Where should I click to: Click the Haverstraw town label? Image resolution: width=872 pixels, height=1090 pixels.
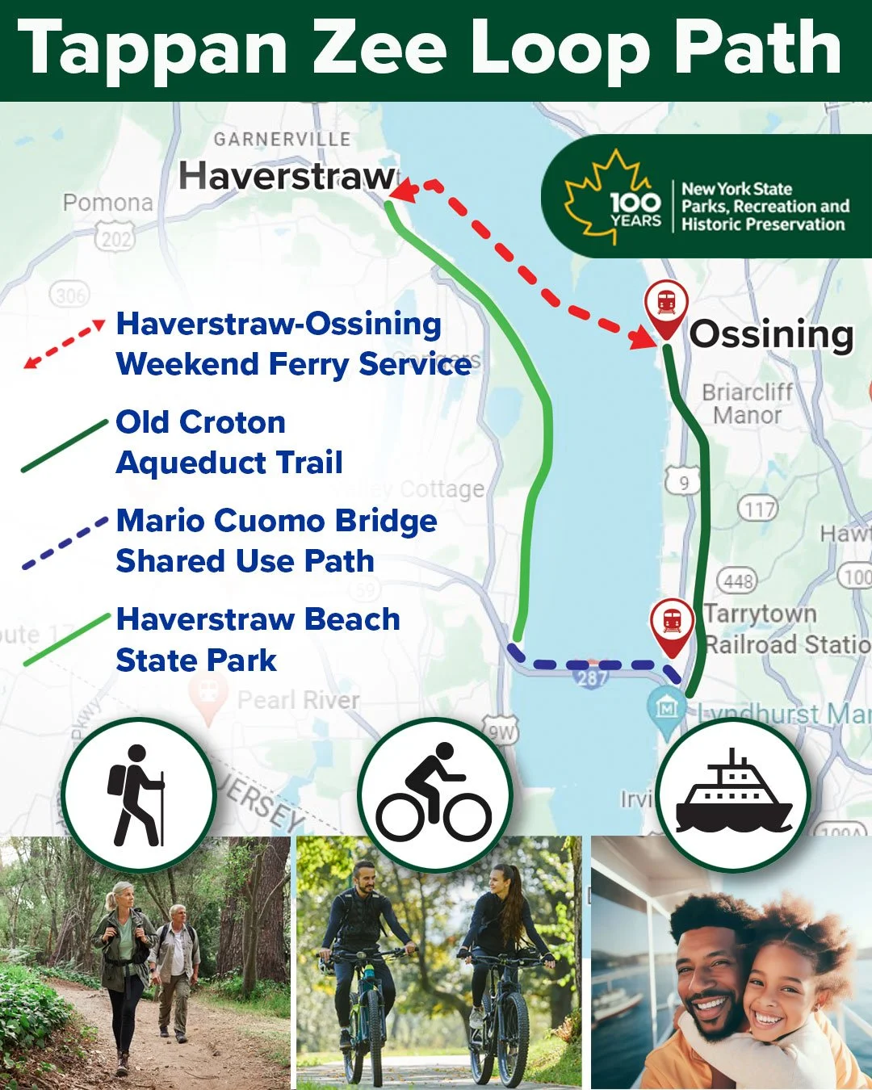pyautogui.click(x=287, y=176)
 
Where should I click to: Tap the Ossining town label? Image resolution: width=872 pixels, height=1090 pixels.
pyautogui.click(x=771, y=334)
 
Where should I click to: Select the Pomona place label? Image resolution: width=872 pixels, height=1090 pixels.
pyautogui.click(x=108, y=203)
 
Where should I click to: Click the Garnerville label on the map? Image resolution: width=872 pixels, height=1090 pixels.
pyautogui.click(x=282, y=139)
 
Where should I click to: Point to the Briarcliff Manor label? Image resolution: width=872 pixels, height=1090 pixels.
pyautogui.click(x=747, y=404)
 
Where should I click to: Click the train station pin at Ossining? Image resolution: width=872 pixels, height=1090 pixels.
pyautogui.click(x=666, y=304)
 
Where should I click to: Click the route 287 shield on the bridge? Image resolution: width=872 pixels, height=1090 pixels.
pyautogui.click(x=592, y=677)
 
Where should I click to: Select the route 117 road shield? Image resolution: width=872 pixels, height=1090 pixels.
pyautogui.click(x=757, y=509)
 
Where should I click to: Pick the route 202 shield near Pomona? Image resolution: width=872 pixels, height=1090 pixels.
pyautogui.click(x=115, y=238)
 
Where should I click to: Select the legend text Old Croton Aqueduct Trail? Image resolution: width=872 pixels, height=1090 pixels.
pyautogui.click(x=229, y=442)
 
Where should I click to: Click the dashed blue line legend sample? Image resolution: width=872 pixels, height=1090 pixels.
pyautogui.click(x=65, y=543)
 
